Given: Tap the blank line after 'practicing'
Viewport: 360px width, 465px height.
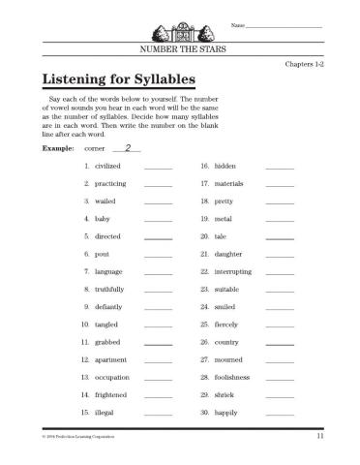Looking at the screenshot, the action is [158, 185].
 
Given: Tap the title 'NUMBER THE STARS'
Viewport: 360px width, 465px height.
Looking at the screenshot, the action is [181, 46].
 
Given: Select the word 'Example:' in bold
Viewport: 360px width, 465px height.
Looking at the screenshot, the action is [59, 150].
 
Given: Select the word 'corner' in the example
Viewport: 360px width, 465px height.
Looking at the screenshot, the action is [95, 150].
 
